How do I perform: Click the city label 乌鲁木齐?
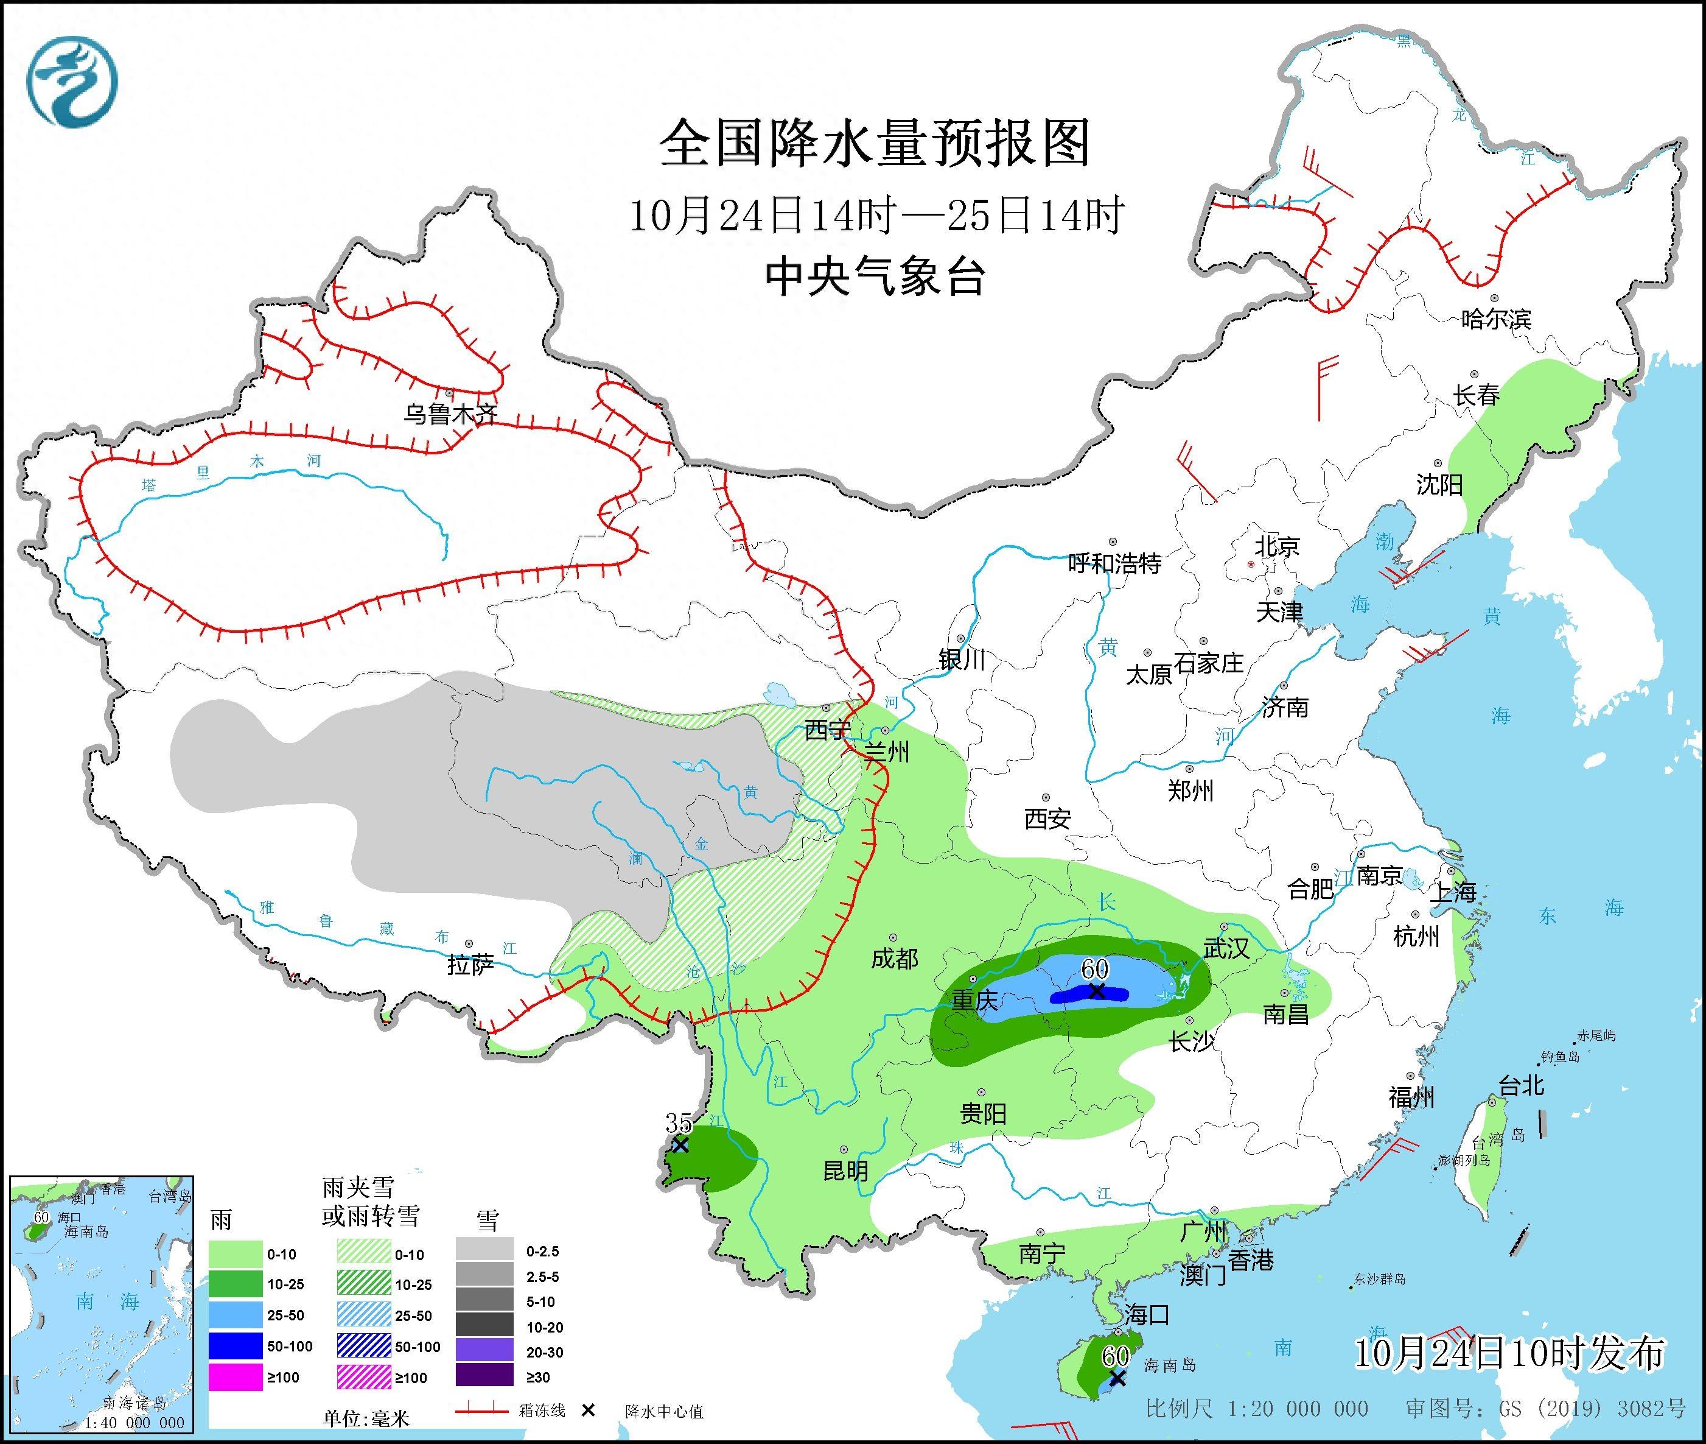click(x=450, y=414)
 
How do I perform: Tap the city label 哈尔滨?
click(x=1495, y=319)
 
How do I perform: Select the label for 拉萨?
click(x=470, y=965)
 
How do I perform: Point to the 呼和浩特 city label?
click(x=1114, y=563)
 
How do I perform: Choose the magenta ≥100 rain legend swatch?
click(x=236, y=1378)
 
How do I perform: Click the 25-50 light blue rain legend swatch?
click(x=236, y=1315)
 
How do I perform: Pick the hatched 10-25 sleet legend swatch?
click(x=364, y=1284)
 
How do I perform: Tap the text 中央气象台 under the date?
click(x=875, y=276)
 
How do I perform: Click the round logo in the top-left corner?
click(x=72, y=82)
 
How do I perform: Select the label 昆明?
click(x=845, y=1171)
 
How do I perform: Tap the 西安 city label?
click(x=1047, y=818)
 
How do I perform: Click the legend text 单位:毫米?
click(x=366, y=1418)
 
